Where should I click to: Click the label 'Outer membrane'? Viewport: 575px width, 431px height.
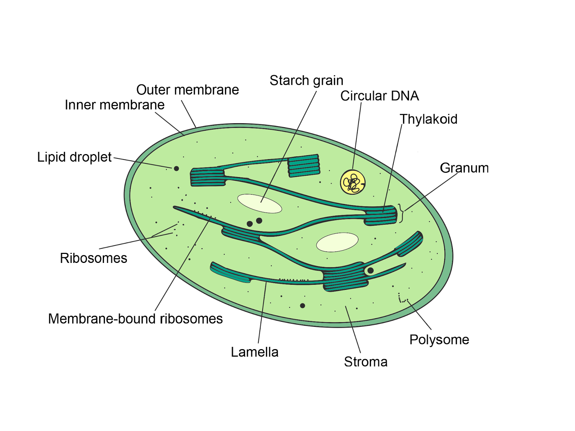(x=188, y=90)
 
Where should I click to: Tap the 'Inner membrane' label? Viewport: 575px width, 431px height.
(x=115, y=105)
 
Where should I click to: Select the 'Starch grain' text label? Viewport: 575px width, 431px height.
(x=307, y=80)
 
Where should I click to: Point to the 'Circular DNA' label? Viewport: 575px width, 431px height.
(x=379, y=96)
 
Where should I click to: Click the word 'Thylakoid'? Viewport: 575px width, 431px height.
(x=428, y=119)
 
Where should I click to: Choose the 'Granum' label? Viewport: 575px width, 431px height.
(x=464, y=168)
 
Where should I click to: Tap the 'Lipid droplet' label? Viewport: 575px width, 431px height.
(x=74, y=157)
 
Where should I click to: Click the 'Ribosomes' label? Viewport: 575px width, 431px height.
(x=93, y=258)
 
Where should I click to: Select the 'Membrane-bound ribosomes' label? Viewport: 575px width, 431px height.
(x=135, y=319)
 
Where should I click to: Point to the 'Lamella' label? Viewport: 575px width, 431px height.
(x=254, y=352)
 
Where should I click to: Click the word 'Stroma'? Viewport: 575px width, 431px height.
(x=365, y=362)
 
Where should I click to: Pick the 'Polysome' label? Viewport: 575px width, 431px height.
(x=439, y=340)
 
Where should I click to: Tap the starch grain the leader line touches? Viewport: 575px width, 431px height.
(x=259, y=203)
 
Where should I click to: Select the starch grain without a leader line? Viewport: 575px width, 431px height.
(x=337, y=242)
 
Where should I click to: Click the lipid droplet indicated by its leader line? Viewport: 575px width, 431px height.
(x=176, y=168)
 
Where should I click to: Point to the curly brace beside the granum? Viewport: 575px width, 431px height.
(x=401, y=213)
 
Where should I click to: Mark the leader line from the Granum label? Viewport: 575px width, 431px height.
(x=431, y=192)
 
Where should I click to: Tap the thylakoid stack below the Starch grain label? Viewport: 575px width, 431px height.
(x=304, y=166)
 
